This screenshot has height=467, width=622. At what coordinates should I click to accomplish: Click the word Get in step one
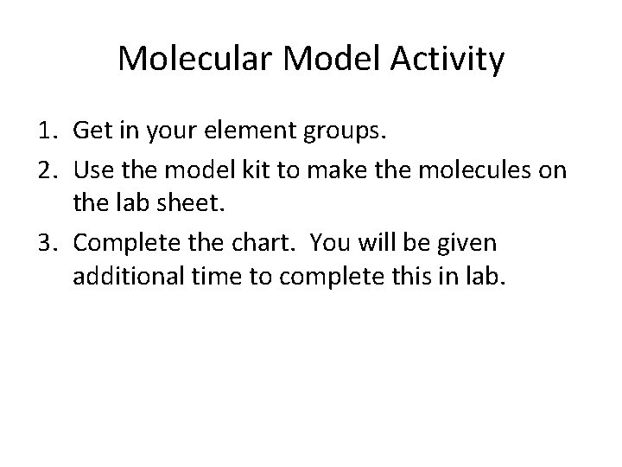pyautogui.click(x=92, y=131)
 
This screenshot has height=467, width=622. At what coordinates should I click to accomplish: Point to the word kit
pyautogui.click(x=264, y=169)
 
